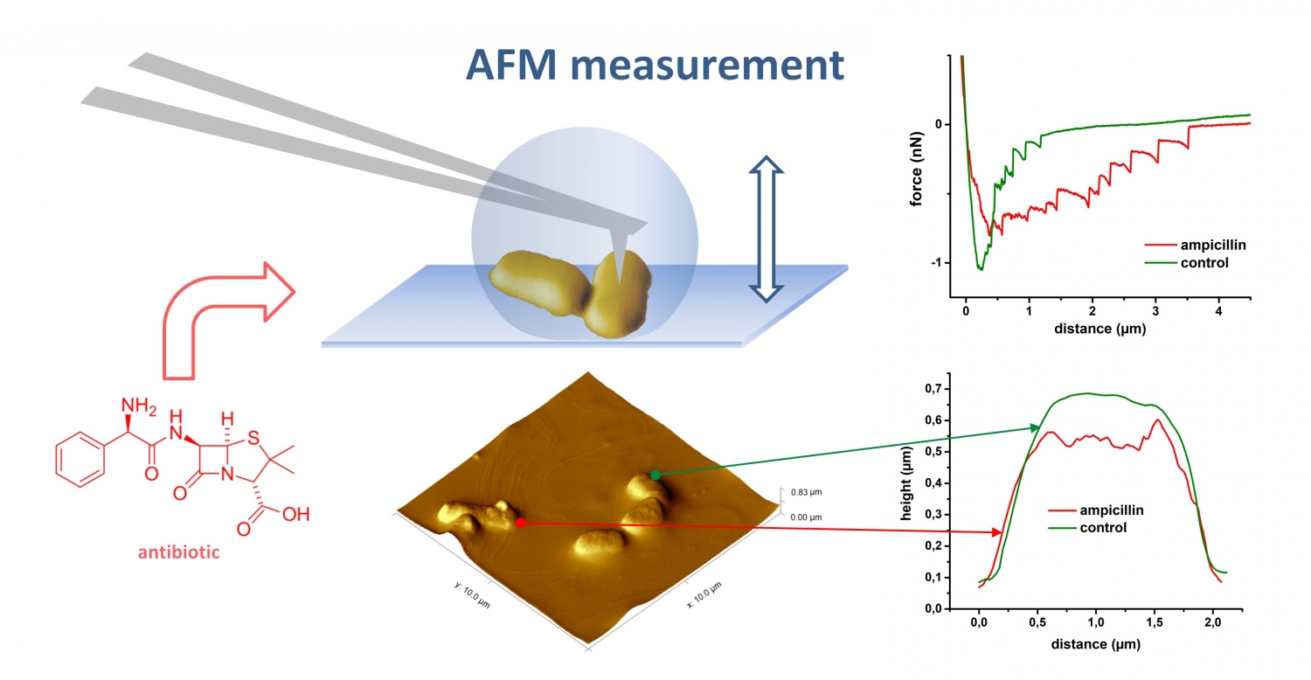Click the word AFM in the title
click(x=511, y=65)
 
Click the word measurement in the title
click(x=707, y=66)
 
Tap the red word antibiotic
click(x=178, y=552)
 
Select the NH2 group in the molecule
click(x=139, y=406)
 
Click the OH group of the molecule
click(x=295, y=515)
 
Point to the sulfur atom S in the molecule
click(x=253, y=438)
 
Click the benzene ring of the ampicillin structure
click(x=80, y=460)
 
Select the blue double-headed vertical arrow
click(x=766, y=229)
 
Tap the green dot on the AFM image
click(x=655, y=475)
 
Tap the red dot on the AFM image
click(x=521, y=523)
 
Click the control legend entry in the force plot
click(x=1195, y=263)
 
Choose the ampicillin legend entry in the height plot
click(x=1096, y=510)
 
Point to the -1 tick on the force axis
click(x=936, y=263)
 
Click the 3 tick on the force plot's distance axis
click(x=1155, y=311)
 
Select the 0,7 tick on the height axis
click(x=933, y=389)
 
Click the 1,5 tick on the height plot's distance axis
click(x=1155, y=622)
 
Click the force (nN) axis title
click(x=917, y=169)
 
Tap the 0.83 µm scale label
click(x=807, y=492)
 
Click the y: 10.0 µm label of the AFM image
click(x=472, y=594)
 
